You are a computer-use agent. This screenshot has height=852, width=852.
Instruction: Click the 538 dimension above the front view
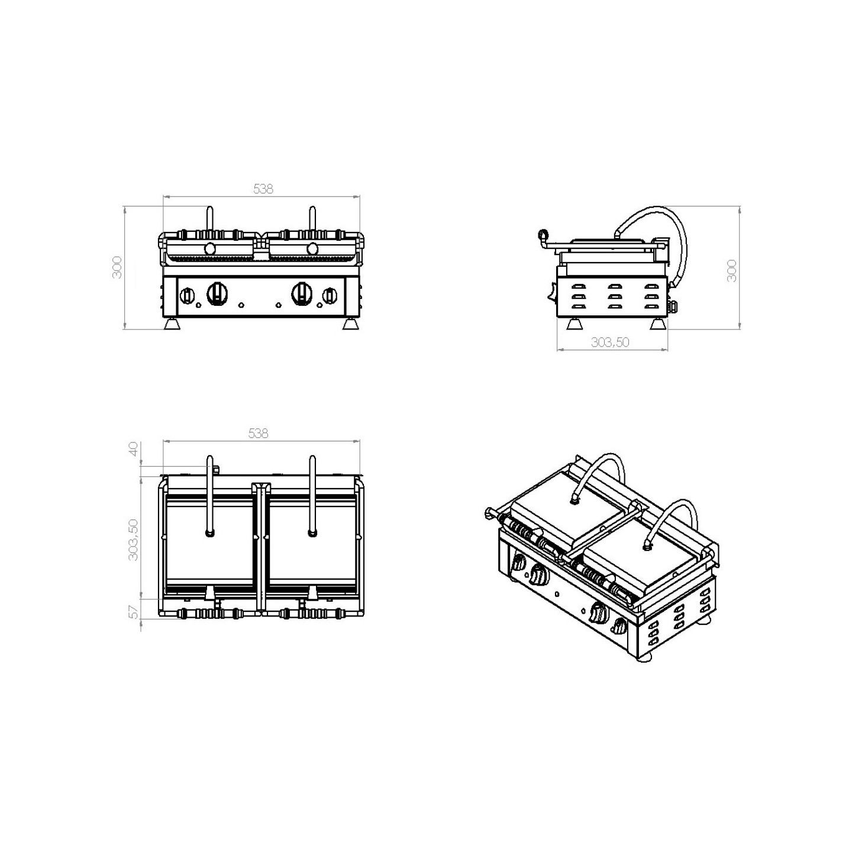[263, 189]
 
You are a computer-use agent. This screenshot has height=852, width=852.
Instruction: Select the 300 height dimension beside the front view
[117, 267]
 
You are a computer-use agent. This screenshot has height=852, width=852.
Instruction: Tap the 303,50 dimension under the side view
[610, 342]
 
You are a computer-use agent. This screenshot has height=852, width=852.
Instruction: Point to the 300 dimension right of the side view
[732, 270]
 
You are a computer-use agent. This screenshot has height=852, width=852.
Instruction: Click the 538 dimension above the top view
[258, 433]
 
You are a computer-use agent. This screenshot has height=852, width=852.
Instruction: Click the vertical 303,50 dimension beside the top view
[133, 540]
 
